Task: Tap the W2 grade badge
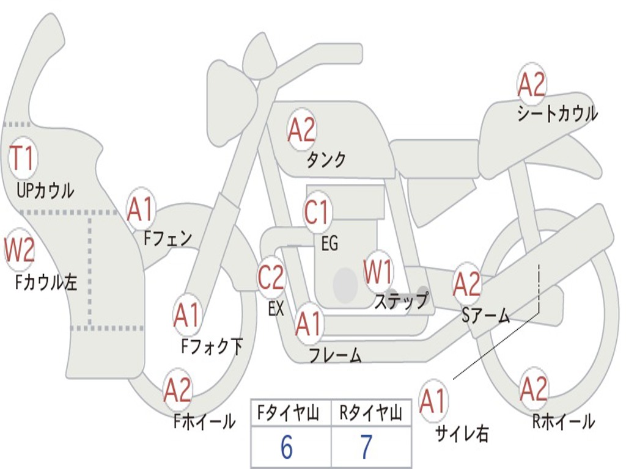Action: pyautogui.click(x=20, y=250)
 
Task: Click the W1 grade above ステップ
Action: pyautogui.click(x=378, y=272)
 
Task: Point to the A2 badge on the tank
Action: pyautogui.click(x=301, y=129)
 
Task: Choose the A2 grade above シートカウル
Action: pyautogui.click(x=531, y=85)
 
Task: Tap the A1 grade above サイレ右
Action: pyautogui.click(x=433, y=401)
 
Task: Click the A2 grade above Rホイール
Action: pyautogui.click(x=533, y=389)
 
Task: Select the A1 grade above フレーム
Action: pyautogui.click(x=308, y=324)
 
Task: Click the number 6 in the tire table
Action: pyautogui.click(x=287, y=448)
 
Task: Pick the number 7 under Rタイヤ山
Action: pyautogui.click(x=366, y=448)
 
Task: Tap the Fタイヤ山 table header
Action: pyautogui.click(x=287, y=415)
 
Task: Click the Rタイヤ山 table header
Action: pyautogui.click(x=370, y=415)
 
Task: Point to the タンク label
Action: pyautogui.click(x=326, y=160)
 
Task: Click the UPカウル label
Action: pyautogui.click(x=45, y=191)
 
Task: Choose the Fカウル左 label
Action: pyautogui.click(x=46, y=282)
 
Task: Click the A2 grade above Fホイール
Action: pyautogui.click(x=177, y=391)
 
